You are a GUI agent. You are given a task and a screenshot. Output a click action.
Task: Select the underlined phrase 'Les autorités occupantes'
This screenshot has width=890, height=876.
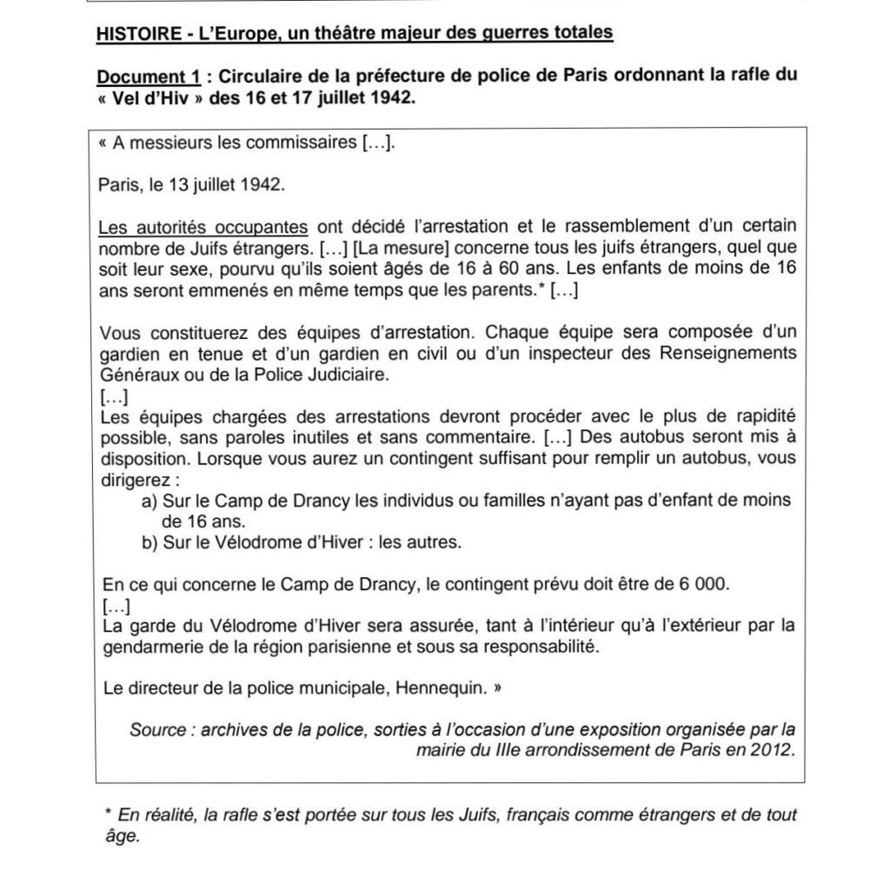click(x=204, y=228)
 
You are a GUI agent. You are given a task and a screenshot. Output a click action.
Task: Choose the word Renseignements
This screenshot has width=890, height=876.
click(x=727, y=354)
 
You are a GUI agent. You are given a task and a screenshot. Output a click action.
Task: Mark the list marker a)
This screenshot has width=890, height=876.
click(x=149, y=501)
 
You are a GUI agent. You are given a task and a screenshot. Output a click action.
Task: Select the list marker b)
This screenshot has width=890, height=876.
click(x=149, y=543)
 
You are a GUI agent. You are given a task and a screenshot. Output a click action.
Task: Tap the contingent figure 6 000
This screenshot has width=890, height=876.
click(x=702, y=585)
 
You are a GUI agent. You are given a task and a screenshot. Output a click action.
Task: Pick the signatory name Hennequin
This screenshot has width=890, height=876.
click(x=440, y=689)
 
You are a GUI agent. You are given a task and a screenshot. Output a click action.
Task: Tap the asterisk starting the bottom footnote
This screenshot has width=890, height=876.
click(x=108, y=813)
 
